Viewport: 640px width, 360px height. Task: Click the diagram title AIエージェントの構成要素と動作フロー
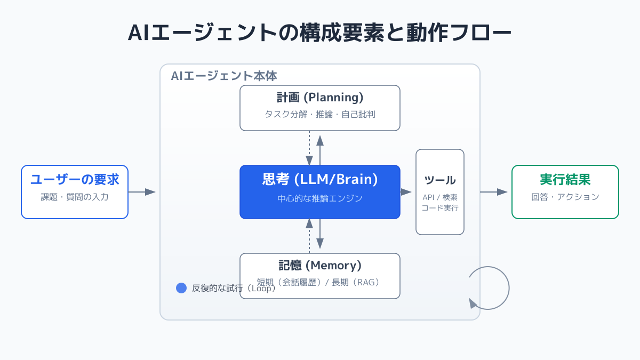tap(319, 33)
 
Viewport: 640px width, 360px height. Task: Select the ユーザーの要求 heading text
tap(75, 180)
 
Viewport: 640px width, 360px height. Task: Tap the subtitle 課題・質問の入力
tap(75, 197)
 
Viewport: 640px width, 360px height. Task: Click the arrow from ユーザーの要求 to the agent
tap(142, 192)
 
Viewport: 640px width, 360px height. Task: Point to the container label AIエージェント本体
tap(223, 76)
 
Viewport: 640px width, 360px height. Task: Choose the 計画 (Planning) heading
tap(320, 98)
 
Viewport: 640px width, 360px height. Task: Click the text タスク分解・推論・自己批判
tap(320, 114)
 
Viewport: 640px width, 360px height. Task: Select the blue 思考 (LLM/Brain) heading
tap(320, 179)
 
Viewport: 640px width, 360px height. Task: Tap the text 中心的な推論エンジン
tap(320, 198)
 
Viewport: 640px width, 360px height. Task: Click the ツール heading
tap(440, 180)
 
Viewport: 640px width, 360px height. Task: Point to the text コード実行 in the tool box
tap(440, 208)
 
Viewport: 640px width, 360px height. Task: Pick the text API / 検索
tap(440, 197)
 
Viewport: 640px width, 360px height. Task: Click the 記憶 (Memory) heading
tap(320, 265)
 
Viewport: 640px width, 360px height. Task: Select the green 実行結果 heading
tap(565, 180)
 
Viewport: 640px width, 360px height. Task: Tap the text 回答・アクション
tap(565, 197)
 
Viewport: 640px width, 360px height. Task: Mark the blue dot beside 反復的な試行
tap(181, 288)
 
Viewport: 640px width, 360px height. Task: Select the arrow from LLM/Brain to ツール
tap(406, 192)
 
